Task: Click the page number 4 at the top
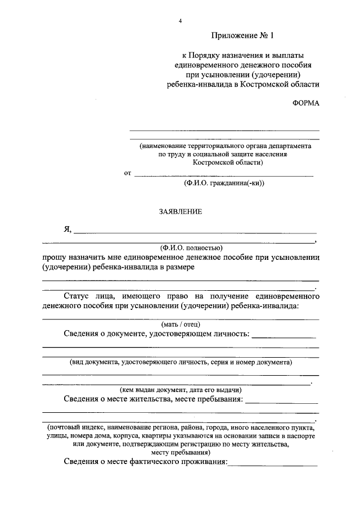(x=180, y=21)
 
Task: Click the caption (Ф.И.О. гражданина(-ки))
(x=223, y=183)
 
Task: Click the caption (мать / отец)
(x=181, y=324)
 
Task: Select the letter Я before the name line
(x=67, y=229)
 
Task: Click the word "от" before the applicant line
(x=128, y=173)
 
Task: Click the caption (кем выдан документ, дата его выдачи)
(x=181, y=389)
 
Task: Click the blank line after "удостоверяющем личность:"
(x=284, y=336)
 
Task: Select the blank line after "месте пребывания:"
(x=282, y=402)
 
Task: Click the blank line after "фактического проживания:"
(x=272, y=465)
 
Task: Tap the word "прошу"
(x=53, y=257)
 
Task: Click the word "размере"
(x=179, y=267)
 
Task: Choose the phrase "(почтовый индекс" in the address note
(x=73, y=427)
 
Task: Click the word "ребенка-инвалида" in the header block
(x=197, y=85)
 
